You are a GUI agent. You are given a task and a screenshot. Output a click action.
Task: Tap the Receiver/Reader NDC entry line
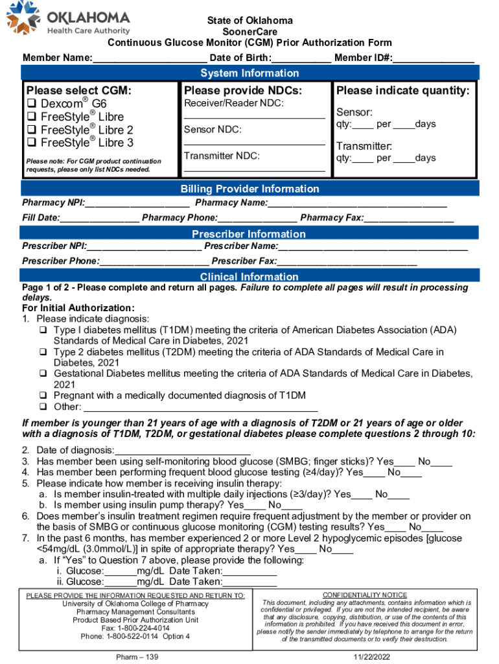tap(254, 117)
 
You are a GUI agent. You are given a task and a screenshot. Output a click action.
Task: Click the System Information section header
tap(250, 73)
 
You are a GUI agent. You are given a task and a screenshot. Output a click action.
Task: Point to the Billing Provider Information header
tap(250, 189)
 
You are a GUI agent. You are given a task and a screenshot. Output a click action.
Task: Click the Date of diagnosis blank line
tap(183, 451)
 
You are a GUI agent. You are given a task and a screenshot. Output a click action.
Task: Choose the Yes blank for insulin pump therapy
tap(254, 506)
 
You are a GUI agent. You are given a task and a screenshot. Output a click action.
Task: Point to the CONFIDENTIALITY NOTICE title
tap(365, 595)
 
